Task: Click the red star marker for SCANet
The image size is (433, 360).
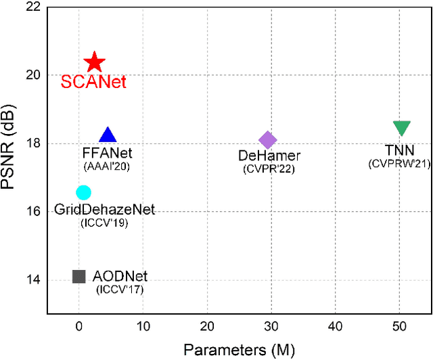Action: tap(94, 63)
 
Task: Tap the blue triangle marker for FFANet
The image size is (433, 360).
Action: tap(108, 135)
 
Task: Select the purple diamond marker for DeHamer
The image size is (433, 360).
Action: tap(267, 140)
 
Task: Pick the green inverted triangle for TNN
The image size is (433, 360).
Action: tap(401, 128)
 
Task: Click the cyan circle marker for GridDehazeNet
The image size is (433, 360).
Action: tap(83, 193)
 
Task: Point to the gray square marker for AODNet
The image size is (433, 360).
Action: tap(78, 276)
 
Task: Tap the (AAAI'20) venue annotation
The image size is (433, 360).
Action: tap(108, 166)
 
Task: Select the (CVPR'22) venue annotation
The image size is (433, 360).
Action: tap(269, 169)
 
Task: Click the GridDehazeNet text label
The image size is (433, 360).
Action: tap(106, 210)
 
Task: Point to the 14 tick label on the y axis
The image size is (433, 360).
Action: tap(32, 280)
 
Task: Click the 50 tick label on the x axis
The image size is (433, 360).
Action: tap(399, 327)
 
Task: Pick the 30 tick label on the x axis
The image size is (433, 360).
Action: tap(271, 327)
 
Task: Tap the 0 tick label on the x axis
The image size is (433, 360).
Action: tap(78, 327)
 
